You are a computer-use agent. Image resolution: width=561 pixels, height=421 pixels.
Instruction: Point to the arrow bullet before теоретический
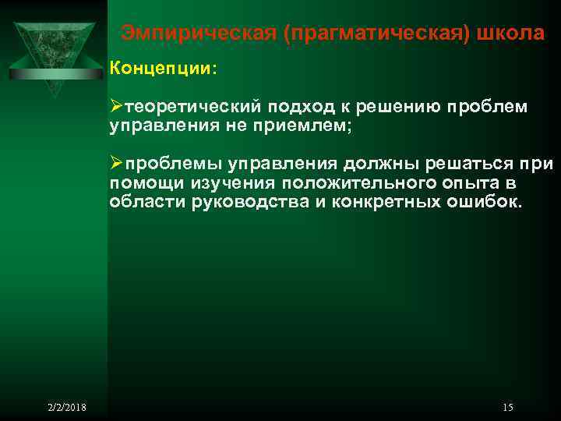coord(117,106)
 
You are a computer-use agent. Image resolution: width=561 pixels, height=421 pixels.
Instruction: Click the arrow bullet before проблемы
coord(117,164)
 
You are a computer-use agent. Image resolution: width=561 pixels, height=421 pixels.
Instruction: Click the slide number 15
coord(508,408)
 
